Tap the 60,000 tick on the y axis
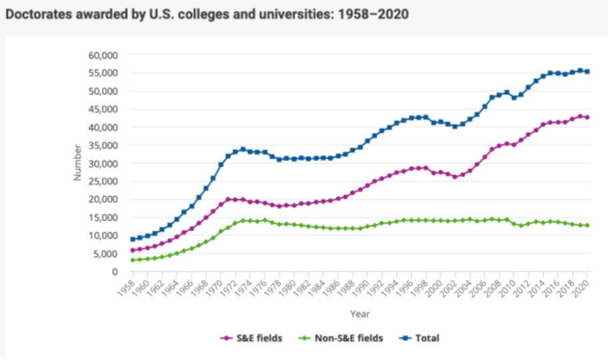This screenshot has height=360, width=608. click(x=103, y=55)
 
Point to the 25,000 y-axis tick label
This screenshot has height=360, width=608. click(x=103, y=181)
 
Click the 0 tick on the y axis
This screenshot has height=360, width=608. click(x=115, y=271)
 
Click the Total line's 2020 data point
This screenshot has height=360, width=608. click(x=587, y=71)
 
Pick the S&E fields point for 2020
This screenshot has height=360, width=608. click(x=587, y=118)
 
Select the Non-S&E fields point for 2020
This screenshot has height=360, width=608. click(x=587, y=226)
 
